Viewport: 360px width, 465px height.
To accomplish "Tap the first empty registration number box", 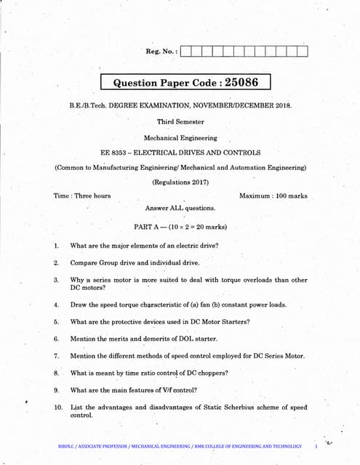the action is coord(185,51).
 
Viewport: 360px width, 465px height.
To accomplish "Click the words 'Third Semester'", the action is coord(180,122).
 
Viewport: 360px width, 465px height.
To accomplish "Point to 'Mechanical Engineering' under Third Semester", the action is coord(180,137).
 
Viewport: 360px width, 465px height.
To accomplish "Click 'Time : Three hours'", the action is coord(82,195).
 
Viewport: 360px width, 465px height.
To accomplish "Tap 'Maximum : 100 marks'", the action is coord(273,195).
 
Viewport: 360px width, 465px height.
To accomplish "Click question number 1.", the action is coord(56,246).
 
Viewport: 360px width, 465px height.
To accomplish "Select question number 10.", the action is coord(58,408).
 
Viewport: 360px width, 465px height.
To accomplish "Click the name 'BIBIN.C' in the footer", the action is coord(68,446).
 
